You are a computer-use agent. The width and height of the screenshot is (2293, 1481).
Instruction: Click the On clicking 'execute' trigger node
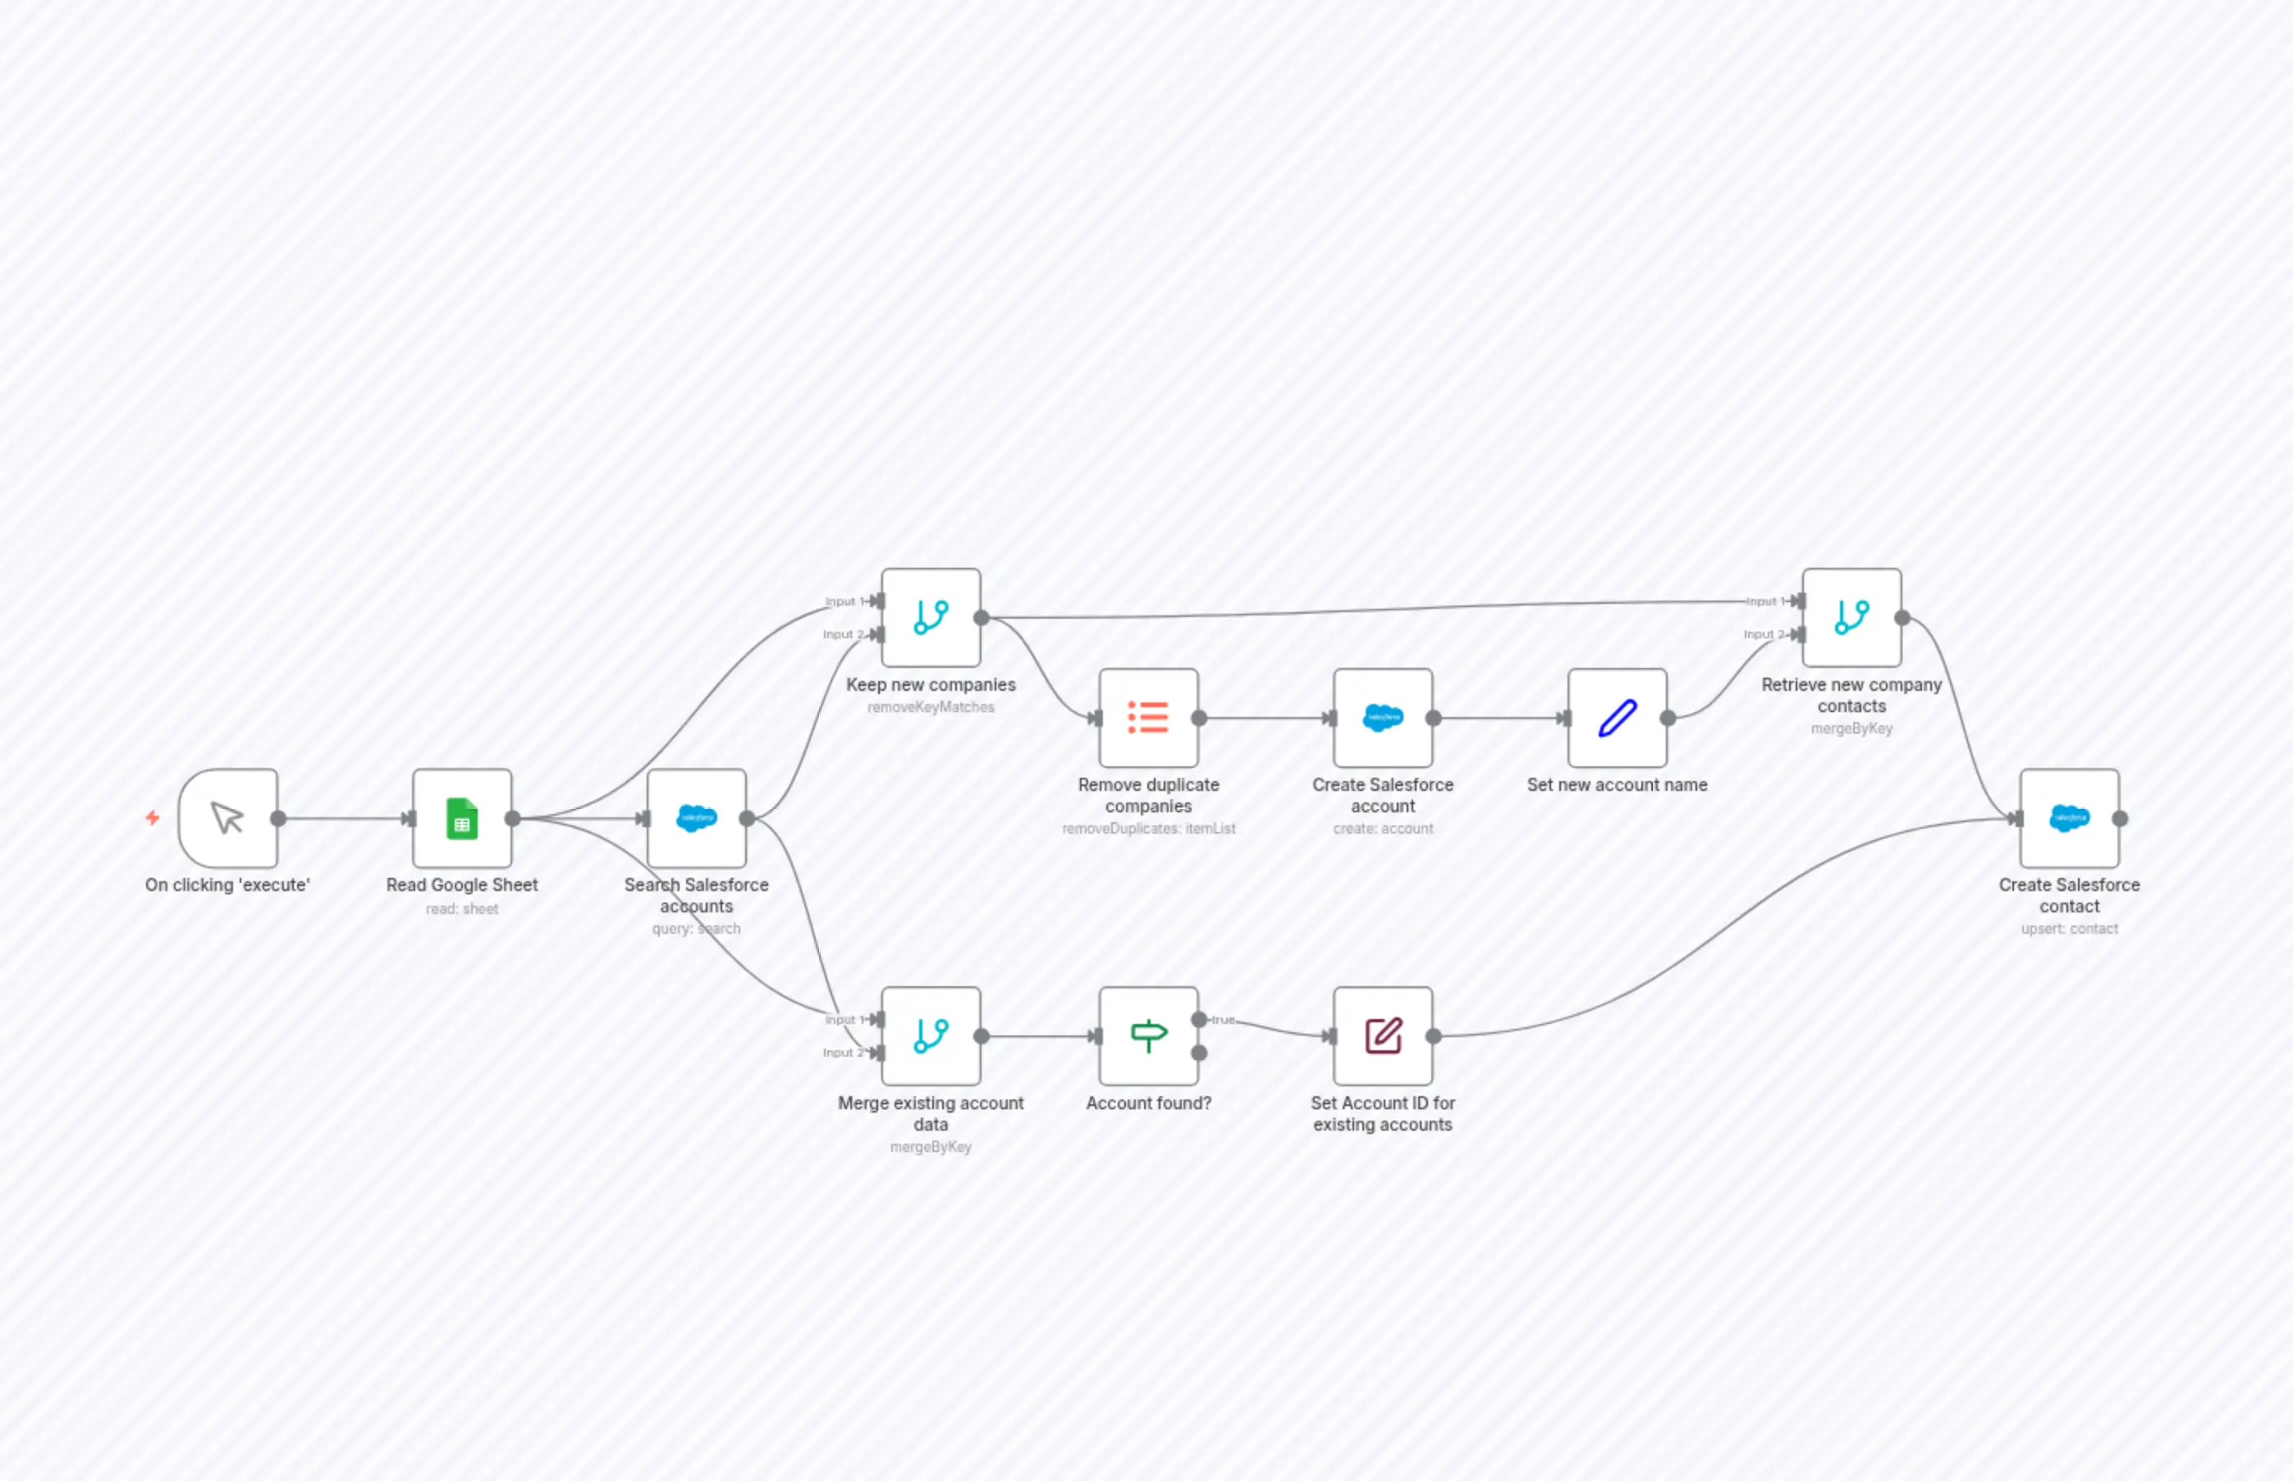point(228,818)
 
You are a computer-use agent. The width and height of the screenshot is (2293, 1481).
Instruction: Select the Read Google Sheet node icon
point(462,818)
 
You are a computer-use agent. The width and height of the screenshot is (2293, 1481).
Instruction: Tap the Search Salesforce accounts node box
point(697,818)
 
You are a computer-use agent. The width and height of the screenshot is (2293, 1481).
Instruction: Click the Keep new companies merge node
point(930,617)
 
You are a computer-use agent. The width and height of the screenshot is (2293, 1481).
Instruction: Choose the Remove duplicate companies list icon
point(1147,717)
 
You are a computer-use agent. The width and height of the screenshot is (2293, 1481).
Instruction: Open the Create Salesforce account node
point(1382,717)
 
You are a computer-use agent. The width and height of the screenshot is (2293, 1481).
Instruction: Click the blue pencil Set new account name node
point(1617,717)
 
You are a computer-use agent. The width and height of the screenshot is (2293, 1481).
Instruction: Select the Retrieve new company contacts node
point(1851,617)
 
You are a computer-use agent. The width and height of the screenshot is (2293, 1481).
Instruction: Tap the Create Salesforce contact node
point(2069,818)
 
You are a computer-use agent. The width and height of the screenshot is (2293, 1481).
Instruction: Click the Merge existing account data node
point(930,1035)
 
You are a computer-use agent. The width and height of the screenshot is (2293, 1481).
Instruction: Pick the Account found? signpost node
point(1147,1035)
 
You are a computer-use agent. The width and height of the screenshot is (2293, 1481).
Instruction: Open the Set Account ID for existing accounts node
point(1382,1035)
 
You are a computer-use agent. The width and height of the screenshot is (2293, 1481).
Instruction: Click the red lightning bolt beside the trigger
point(152,817)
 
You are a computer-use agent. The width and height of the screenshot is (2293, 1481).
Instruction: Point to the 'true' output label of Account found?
point(1223,1019)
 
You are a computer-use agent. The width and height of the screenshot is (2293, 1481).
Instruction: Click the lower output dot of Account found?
point(1198,1053)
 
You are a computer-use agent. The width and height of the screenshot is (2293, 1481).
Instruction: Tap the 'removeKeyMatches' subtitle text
point(930,706)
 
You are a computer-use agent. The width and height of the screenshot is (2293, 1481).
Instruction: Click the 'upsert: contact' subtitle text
point(2069,929)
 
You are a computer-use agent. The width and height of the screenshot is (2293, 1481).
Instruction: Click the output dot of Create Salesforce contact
point(2120,818)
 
